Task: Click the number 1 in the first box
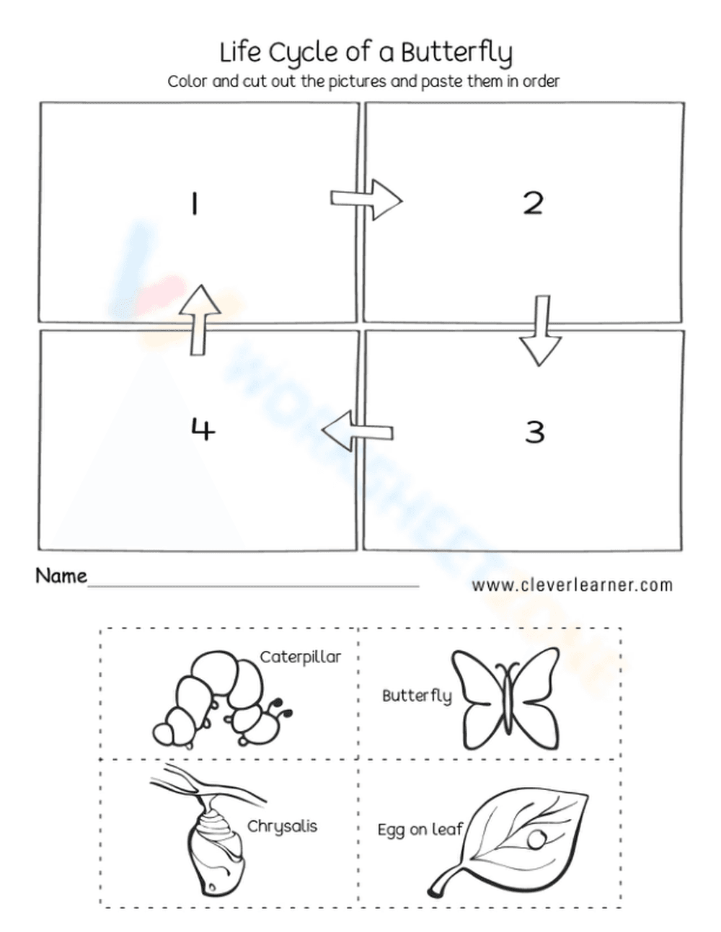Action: (194, 205)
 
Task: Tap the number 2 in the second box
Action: (533, 203)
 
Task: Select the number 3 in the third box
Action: (534, 432)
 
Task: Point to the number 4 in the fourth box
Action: (203, 430)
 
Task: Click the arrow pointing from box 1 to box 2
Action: (366, 199)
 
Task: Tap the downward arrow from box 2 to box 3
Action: (539, 329)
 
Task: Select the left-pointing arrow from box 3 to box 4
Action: (358, 431)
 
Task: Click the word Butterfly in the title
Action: (456, 53)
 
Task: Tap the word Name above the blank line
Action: (61, 576)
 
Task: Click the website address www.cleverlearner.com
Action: (572, 585)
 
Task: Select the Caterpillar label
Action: (300, 657)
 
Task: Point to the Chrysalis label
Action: (282, 826)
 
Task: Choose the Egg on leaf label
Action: (420, 830)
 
